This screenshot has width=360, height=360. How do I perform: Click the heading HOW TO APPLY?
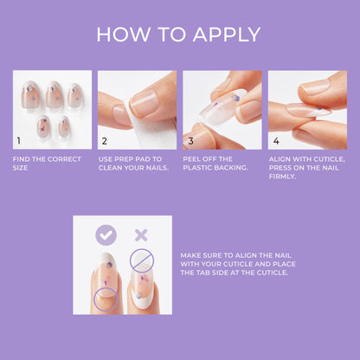click(179, 34)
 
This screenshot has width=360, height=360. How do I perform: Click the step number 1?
click(19, 139)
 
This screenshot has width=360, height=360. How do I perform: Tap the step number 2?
click(104, 139)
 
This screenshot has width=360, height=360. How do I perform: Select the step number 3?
click(190, 139)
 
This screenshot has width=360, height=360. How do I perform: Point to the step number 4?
click(275, 139)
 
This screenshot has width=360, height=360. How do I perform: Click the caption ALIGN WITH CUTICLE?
click(306, 160)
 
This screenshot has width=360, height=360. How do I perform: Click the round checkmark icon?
click(106, 234)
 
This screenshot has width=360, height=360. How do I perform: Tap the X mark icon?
click(139, 234)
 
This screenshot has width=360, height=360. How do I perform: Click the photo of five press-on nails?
click(52, 109)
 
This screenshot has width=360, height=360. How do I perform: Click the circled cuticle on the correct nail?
click(106, 300)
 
